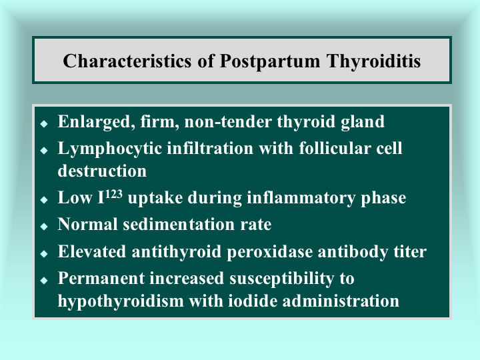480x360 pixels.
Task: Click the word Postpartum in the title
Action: coord(270,61)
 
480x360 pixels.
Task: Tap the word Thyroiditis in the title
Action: coord(373,61)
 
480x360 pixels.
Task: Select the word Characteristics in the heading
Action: coord(127,60)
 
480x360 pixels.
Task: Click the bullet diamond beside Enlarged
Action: coord(44,123)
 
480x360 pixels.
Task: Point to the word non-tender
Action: coord(228,121)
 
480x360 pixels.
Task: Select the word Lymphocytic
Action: coord(109,149)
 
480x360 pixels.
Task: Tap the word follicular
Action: coord(335,148)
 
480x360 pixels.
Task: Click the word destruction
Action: coord(102,171)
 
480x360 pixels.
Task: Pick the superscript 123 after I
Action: coord(114,194)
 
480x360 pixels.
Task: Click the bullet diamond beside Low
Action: coord(44,199)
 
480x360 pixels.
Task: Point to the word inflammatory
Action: coord(301,198)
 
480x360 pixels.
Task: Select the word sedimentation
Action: coord(179,225)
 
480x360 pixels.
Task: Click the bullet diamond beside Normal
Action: coord(44,226)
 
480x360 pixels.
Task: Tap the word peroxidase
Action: coord(270,252)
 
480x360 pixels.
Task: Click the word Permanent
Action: coord(101,279)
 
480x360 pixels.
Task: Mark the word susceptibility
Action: coord(281,279)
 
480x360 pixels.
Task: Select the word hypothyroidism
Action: coord(121,301)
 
